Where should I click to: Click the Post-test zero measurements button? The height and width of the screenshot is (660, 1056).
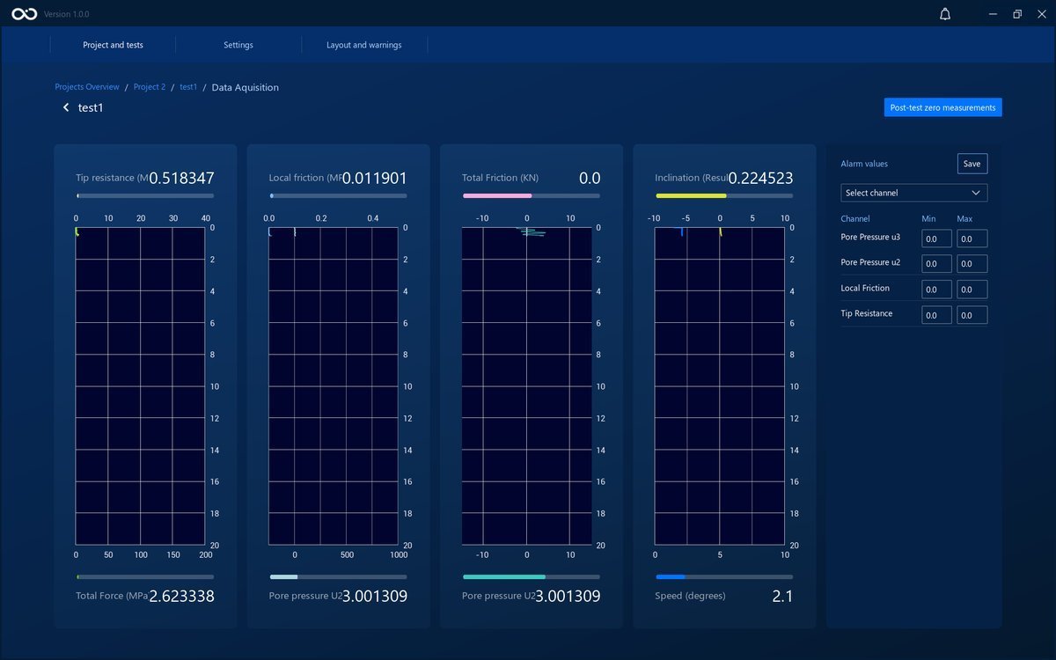pos(942,107)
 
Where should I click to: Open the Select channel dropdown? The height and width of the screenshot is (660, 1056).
pos(913,193)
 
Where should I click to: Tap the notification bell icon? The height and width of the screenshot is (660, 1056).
pos(945,14)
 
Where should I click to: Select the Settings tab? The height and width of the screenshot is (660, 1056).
pos(238,45)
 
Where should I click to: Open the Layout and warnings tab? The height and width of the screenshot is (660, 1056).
pos(364,45)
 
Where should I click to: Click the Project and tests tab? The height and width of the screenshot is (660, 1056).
pos(113,45)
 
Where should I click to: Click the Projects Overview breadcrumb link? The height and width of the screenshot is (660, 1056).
pos(87,87)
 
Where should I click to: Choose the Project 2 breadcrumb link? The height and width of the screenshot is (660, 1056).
pos(150,87)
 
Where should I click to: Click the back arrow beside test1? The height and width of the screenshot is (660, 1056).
pos(66,107)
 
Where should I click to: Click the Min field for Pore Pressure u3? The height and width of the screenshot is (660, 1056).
pos(936,238)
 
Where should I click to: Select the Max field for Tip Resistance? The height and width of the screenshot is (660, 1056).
pos(972,315)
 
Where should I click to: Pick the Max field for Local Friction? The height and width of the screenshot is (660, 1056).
pos(972,289)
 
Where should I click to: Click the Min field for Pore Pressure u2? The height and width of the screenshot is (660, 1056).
pos(936,263)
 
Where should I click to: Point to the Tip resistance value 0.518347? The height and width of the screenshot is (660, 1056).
pos(181,178)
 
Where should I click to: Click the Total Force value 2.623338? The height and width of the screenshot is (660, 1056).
pos(181,597)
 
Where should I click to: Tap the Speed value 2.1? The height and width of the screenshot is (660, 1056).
pos(782,597)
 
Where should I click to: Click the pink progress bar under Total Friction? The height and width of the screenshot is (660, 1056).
pos(497,195)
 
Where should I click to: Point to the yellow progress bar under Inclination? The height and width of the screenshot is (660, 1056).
pos(691,195)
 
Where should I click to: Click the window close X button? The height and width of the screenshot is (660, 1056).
pos(1042,14)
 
